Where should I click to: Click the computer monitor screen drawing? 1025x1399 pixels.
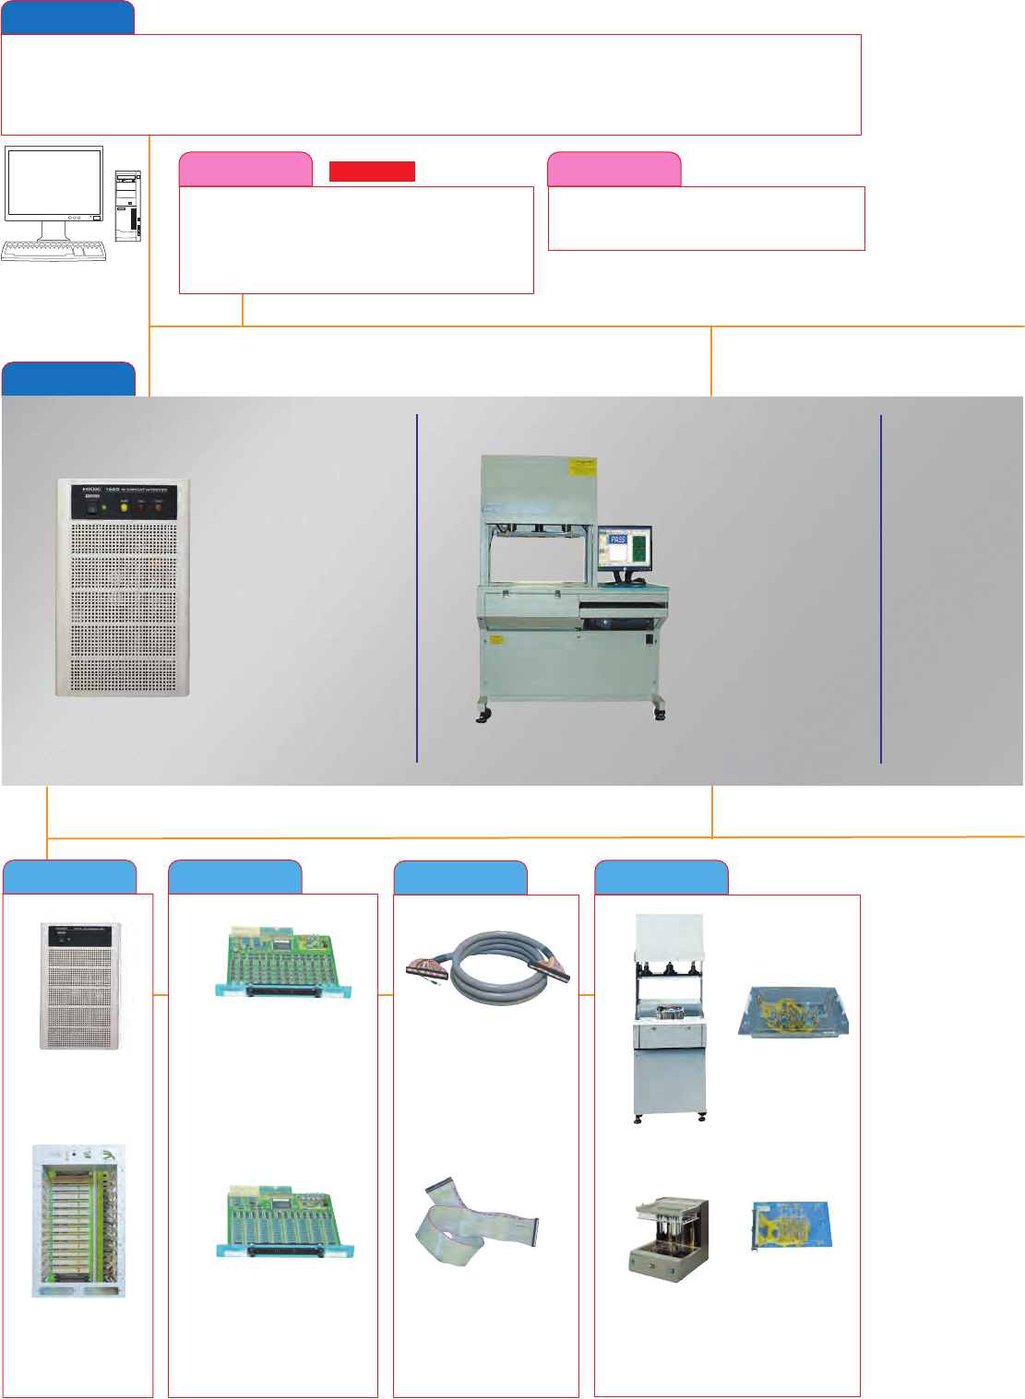click(x=54, y=183)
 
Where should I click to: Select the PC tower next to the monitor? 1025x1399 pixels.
click(x=128, y=207)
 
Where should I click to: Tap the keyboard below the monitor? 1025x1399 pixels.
click(x=54, y=250)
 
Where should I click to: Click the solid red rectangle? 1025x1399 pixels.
click(x=372, y=171)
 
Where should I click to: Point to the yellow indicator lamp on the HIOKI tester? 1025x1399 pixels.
click(x=124, y=507)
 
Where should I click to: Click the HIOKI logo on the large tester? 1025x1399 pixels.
click(x=90, y=491)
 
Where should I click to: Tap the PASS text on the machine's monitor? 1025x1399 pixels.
click(x=617, y=539)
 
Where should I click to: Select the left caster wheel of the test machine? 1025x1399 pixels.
click(x=483, y=716)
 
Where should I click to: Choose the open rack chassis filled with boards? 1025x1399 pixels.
click(x=78, y=1221)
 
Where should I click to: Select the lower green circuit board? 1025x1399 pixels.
click(x=285, y=1221)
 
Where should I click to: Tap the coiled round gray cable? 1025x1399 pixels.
click(x=488, y=967)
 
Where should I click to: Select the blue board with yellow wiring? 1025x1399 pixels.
click(x=792, y=1226)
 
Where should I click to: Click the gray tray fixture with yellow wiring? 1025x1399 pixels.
click(x=794, y=1012)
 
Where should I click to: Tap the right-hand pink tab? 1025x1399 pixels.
click(x=614, y=170)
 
